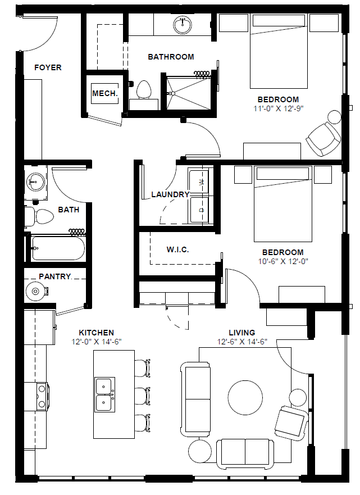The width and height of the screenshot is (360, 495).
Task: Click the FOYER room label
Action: click(48, 67)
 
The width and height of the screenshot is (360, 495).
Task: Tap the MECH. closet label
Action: click(105, 93)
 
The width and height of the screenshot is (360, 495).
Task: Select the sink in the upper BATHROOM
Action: click(183, 25)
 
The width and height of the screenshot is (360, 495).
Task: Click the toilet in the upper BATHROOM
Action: click(144, 90)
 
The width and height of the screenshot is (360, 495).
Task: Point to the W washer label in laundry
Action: click(202, 182)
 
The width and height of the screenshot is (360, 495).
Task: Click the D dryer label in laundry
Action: click(202, 210)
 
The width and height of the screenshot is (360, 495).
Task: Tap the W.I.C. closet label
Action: click(177, 249)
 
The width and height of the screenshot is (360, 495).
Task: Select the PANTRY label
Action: click(55, 276)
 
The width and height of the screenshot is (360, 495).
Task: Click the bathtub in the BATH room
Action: click(58, 248)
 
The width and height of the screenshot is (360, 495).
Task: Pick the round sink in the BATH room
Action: click(35, 182)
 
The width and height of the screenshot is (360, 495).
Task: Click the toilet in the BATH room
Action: click(40, 216)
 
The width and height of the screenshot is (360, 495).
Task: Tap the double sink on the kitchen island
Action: click(105, 394)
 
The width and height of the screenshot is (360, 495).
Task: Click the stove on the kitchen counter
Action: click(42, 396)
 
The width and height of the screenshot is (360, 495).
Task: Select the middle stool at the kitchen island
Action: click(143, 396)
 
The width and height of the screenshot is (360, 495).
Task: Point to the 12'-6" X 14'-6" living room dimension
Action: click(242, 342)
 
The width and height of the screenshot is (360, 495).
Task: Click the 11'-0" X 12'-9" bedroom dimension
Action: click(278, 108)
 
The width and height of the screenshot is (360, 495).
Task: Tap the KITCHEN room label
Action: click(96, 333)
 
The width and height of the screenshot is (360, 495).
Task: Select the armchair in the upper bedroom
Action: click(323, 139)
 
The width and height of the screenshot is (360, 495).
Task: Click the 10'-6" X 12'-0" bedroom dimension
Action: click(283, 261)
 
